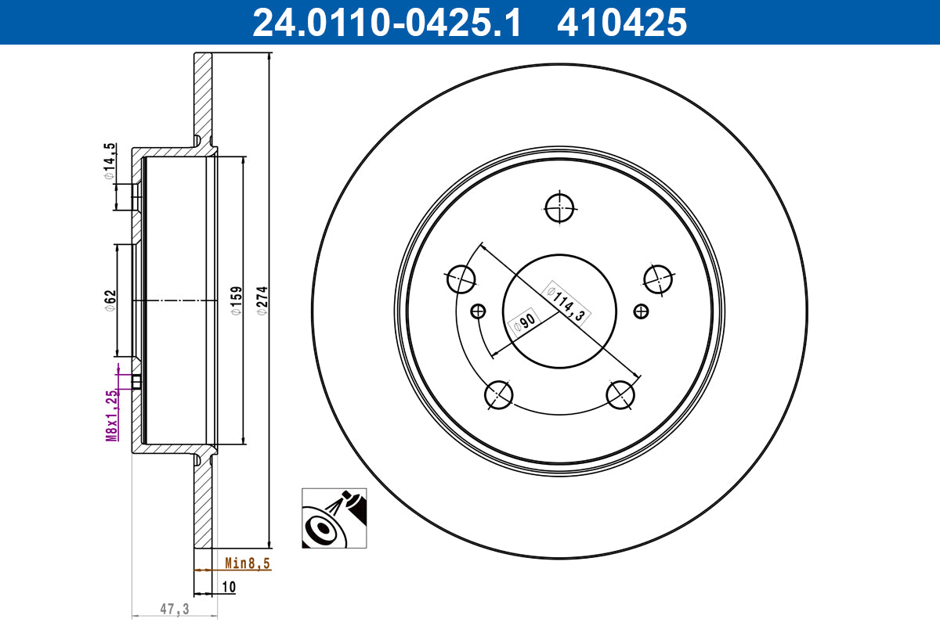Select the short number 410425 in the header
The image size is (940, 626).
point(621,22)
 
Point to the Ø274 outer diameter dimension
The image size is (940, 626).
point(263,300)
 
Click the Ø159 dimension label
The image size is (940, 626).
point(237,300)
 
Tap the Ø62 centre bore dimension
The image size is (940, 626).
point(110,300)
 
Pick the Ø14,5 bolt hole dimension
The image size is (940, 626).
point(110,162)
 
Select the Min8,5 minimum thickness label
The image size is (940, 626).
point(248,563)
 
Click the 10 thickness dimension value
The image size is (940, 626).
point(229,586)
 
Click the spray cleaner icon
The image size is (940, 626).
point(334,517)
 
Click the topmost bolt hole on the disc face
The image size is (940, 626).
point(560,207)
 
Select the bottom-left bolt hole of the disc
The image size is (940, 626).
point(499,395)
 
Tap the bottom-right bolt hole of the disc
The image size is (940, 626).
point(621,395)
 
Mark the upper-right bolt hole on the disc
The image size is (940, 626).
point(658,277)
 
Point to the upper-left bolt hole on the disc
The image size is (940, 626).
point(461,277)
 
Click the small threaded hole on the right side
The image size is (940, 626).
point(642,311)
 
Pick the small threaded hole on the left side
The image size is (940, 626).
point(478,311)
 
